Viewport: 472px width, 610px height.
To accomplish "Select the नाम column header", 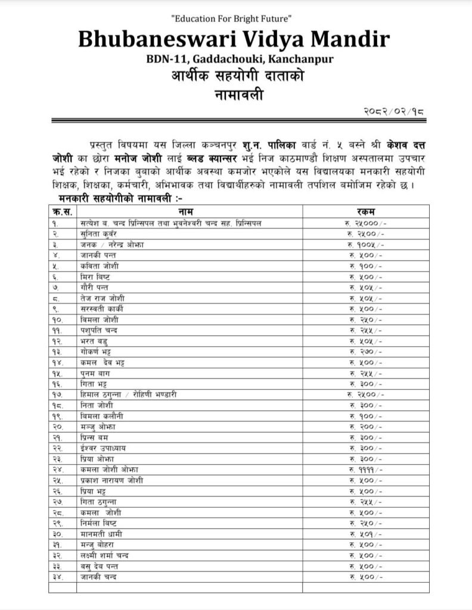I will pyautogui.click(x=189, y=211).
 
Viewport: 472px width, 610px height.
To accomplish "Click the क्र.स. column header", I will pyautogui.click(x=62, y=211).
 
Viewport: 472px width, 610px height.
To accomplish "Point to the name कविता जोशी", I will pyautogui.click(x=97, y=266).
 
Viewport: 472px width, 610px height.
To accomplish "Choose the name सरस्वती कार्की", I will pyautogui.click(x=101, y=309).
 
